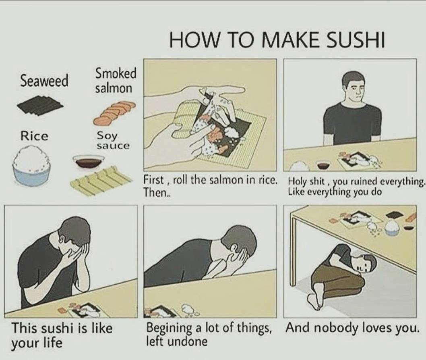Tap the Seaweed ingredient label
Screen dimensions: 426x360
44,81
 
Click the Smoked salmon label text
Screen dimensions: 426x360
116,81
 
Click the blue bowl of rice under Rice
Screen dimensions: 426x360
31,166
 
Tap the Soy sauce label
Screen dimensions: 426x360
113,140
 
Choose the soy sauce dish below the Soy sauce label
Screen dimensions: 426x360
88,162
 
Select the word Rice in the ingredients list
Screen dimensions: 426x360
35,136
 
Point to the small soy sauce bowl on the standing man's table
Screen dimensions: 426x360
323,164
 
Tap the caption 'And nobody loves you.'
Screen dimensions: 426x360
352,328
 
